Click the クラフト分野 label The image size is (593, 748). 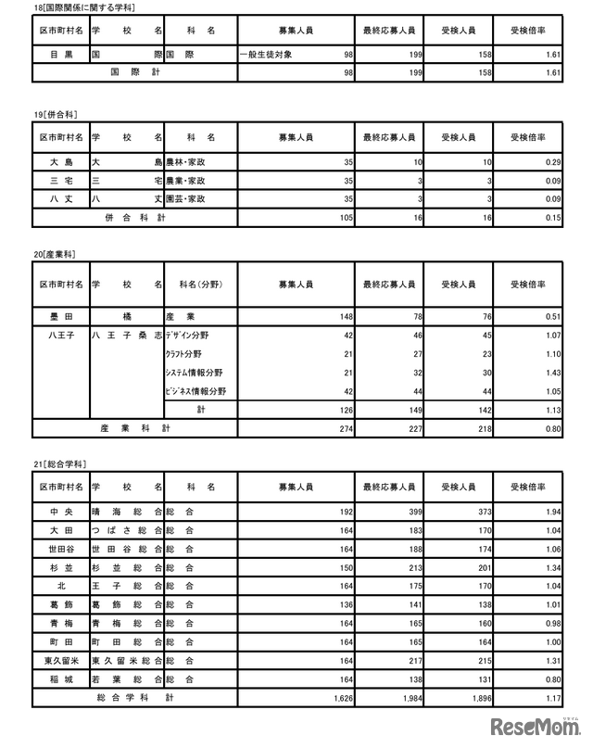coord(186,353)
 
